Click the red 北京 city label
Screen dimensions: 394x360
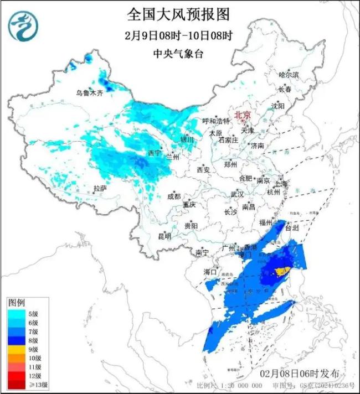coord(243,115)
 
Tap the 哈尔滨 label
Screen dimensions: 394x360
coord(288,74)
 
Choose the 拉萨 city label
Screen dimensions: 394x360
coord(100,188)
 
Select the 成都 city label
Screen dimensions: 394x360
coord(174,196)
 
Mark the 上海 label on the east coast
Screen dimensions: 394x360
coord(281,184)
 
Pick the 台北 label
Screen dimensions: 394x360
coord(292,227)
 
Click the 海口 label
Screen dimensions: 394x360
coord(210,272)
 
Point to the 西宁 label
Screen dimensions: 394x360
coord(154,153)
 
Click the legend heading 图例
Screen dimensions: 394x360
coord(16,303)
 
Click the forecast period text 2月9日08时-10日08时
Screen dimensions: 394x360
coord(178,35)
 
